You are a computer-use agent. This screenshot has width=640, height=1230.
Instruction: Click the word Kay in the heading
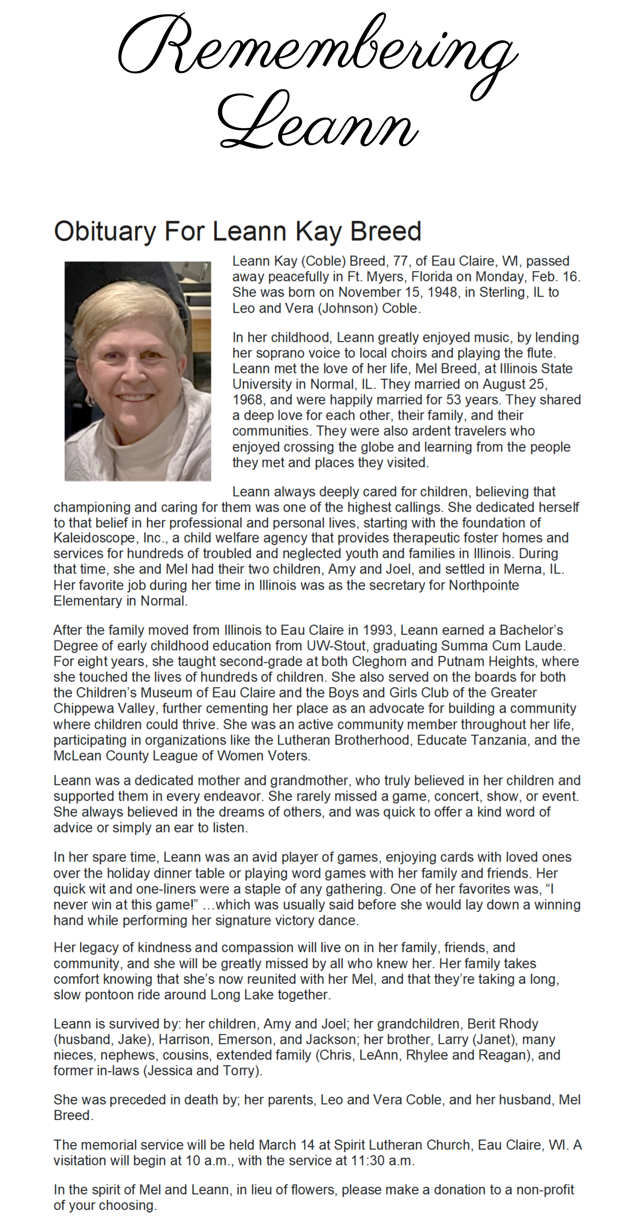[x=318, y=232]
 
